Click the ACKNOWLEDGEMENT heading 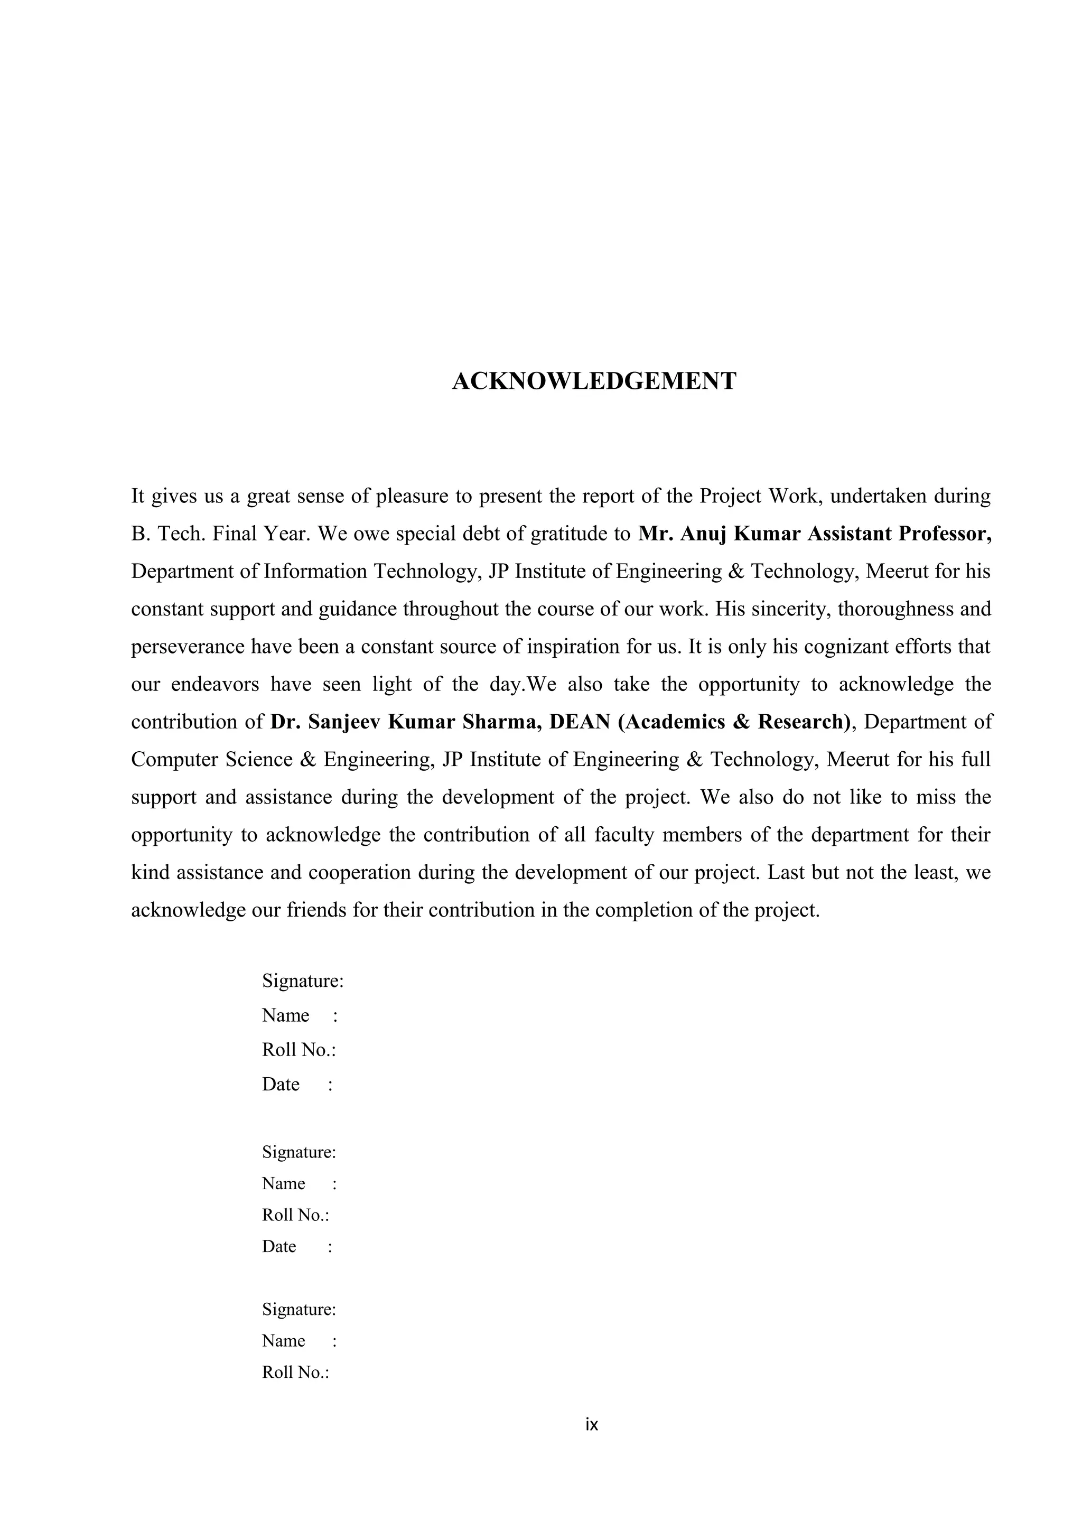click(x=594, y=381)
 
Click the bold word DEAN click(x=580, y=722)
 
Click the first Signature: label click(x=303, y=981)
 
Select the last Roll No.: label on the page click(x=296, y=1373)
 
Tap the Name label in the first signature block click(x=285, y=1015)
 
